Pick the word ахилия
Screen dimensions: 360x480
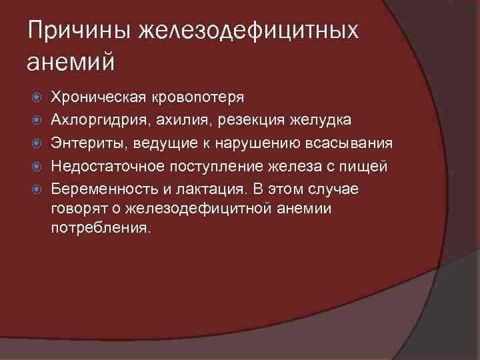[167, 120]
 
